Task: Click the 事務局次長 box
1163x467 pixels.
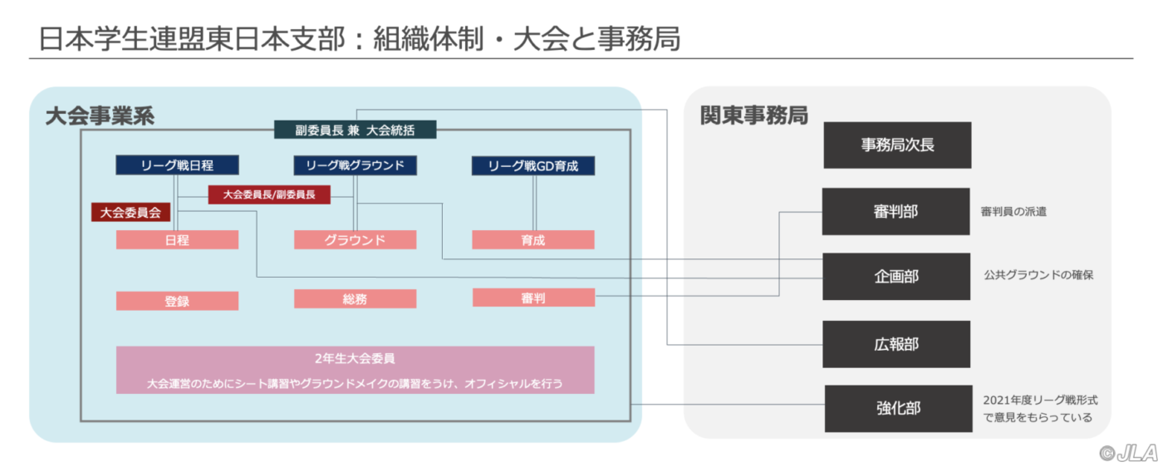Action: click(x=897, y=145)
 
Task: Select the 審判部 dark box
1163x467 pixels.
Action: click(x=896, y=211)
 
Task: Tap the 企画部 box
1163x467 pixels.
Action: click(x=896, y=277)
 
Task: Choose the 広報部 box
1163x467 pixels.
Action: click(x=896, y=344)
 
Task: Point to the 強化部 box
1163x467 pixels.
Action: click(x=898, y=408)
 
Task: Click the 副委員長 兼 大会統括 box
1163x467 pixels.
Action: click(x=356, y=130)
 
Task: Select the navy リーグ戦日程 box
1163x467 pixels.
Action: click(x=177, y=165)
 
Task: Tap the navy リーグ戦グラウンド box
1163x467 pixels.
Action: click(x=356, y=165)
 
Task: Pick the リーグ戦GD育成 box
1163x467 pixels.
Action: click(x=533, y=165)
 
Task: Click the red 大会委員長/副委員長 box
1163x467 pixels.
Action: click(x=269, y=194)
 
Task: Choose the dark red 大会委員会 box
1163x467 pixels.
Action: click(x=131, y=213)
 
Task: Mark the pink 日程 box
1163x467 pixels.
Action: click(x=177, y=240)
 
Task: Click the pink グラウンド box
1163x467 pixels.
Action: click(x=356, y=240)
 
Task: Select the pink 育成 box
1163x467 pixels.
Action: click(x=533, y=240)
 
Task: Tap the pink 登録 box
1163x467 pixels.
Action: click(x=177, y=302)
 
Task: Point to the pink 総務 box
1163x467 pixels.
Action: click(x=356, y=299)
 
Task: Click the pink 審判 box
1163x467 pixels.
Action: click(x=533, y=297)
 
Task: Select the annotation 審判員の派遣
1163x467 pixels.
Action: click(x=1013, y=211)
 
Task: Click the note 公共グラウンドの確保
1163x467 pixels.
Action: click(x=1038, y=275)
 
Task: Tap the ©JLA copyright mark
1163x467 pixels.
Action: click(x=1129, y=454)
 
